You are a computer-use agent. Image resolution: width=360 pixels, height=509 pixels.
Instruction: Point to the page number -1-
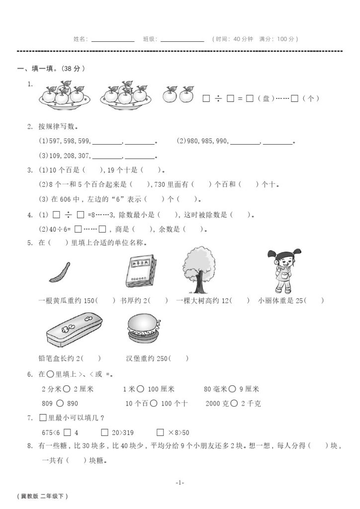coord(180,482)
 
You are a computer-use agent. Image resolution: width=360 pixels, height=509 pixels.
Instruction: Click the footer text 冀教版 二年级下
coord(42,496)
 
